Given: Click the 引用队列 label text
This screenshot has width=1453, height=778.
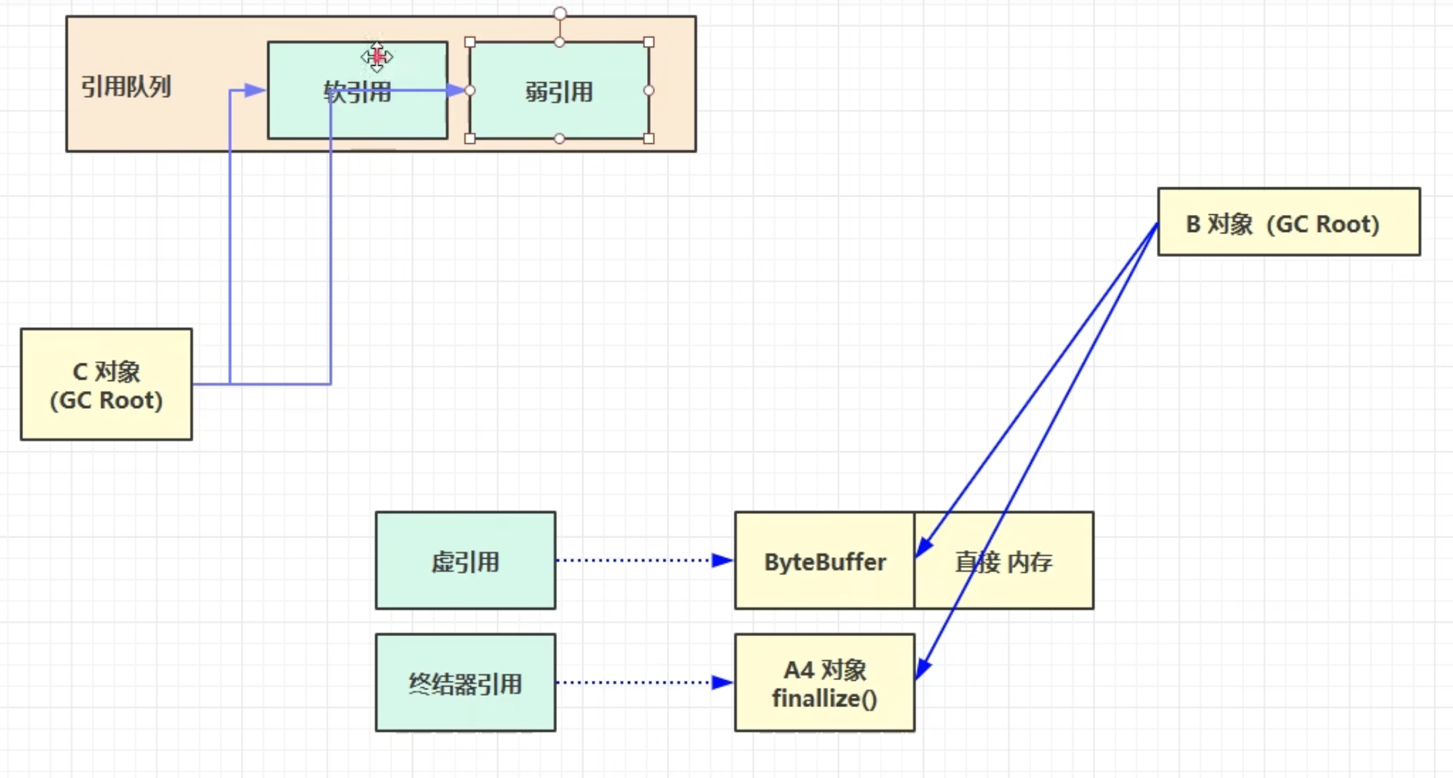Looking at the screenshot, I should (126, 87).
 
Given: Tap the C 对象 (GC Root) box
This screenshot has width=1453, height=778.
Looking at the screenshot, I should (106, 384).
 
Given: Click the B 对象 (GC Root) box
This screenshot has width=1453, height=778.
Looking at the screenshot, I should (1288, 222).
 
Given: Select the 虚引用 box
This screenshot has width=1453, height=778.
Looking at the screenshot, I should (465, 561).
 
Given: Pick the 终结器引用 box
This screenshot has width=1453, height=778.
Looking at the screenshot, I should (465, 683).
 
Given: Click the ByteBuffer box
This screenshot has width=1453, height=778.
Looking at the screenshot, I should (824, 561).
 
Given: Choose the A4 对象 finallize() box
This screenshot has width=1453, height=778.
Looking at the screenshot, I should (824, 683).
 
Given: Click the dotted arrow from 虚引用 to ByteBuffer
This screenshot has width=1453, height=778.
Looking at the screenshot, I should (634, 561).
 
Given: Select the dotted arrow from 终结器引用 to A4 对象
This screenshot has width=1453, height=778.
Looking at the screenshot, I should (634, 683).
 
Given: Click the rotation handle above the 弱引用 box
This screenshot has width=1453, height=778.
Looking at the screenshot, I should (560, 14).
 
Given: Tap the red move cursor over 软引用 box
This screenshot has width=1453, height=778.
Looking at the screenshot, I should (377, 57).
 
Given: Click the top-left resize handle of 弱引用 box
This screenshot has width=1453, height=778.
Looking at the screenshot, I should (470, 42).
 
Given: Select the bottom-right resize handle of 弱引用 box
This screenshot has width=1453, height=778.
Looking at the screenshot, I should (649, 139).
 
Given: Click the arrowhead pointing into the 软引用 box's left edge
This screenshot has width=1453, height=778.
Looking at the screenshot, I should (256, 91).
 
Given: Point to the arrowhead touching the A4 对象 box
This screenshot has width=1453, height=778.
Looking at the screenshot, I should (922, 669).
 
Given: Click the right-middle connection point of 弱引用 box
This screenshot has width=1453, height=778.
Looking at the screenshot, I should (649, 91).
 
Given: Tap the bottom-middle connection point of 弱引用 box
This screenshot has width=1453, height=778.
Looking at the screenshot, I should (560, 139).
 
